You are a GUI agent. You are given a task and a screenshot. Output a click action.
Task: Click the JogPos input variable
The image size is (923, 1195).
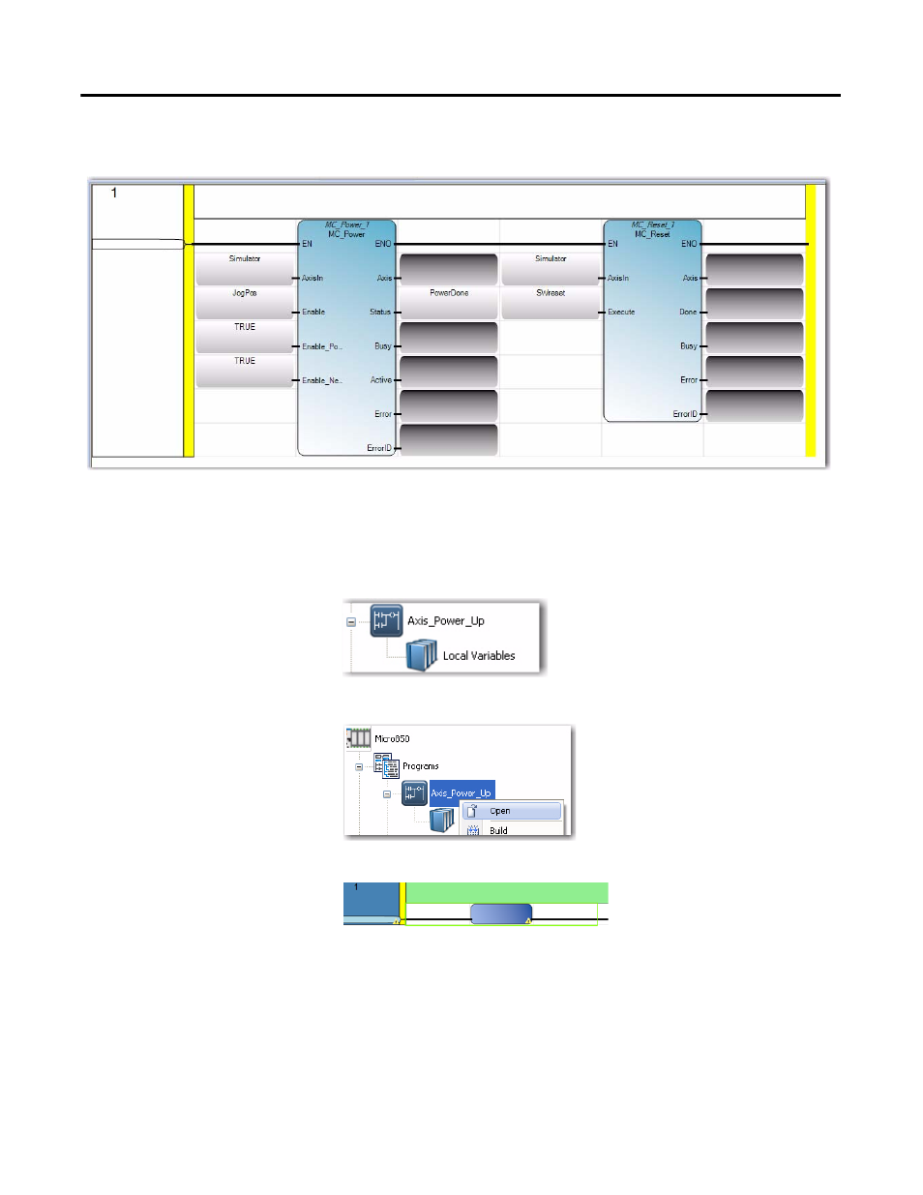(x=245, y=293)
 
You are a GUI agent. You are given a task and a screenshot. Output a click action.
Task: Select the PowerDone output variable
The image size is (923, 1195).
(x=449, y=293)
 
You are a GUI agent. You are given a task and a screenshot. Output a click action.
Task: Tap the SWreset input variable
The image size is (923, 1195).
(x=551, y=293)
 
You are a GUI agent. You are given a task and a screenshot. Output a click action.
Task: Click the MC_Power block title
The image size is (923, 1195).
(x=346, y=234)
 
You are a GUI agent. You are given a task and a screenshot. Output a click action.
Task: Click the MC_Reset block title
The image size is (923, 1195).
(x=653, y=234)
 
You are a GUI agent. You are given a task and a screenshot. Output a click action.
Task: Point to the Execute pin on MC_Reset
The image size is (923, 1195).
(x=621, y=313)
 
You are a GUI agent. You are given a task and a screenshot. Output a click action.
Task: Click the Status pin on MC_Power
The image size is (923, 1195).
(x=380, y=313)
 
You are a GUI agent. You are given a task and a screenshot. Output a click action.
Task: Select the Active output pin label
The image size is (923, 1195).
(x=381, y=380)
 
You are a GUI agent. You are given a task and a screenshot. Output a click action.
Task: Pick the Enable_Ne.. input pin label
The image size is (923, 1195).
(x=321, y=380)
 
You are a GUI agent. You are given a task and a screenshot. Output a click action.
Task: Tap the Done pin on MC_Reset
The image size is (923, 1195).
(x=688, y=313)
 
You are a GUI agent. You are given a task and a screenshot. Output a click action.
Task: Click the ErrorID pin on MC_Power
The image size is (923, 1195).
(x=379, y=448)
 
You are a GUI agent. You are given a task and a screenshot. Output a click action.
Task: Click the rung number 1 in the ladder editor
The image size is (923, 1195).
(x=114, y=194)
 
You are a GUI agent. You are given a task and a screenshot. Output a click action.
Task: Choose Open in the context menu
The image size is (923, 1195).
(x=500, y=811)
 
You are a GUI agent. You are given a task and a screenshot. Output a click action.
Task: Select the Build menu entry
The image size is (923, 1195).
(x=498, y=830)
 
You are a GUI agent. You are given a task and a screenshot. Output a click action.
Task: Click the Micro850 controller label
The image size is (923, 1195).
(x=392, y=739)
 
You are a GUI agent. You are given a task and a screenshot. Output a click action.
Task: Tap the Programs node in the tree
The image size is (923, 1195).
(x=420, y=766)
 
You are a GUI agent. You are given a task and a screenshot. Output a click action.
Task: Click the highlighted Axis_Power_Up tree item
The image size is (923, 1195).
(x=461, y=792)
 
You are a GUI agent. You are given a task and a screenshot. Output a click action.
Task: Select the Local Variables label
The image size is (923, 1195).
(x=478, y=656)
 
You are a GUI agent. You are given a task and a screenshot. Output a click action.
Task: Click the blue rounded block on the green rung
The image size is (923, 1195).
(x=501, y=913)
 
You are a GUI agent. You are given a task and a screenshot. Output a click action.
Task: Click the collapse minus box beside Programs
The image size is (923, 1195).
(x=359, y=767)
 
